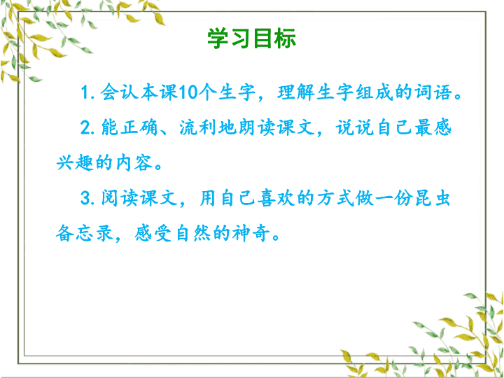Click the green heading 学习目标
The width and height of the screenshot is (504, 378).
(x=252, y=38)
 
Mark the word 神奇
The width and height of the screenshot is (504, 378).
(x=250, y=234)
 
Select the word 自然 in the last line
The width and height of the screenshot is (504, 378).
(x=193, y=234)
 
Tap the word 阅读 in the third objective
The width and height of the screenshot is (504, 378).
(x=120, y=198)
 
